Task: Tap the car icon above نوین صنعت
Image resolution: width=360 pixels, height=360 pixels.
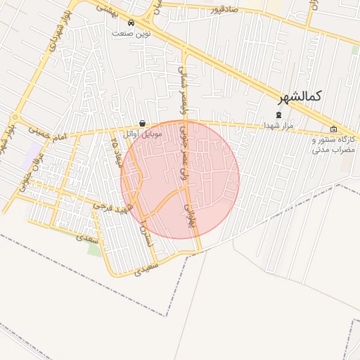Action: [x=132, y=22]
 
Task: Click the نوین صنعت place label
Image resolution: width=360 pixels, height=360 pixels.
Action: [x=131, y=33]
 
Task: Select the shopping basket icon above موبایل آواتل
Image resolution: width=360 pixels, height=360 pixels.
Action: [x=143, y=123]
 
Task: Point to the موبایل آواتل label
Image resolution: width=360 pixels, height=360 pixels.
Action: [x=143, y=133]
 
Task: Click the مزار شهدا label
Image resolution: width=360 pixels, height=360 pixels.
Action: [x=278, y=124]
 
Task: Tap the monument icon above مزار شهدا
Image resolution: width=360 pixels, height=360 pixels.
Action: [x=278, y=115]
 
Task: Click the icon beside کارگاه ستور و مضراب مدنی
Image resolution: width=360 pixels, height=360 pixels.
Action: [x=333, y=129]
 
